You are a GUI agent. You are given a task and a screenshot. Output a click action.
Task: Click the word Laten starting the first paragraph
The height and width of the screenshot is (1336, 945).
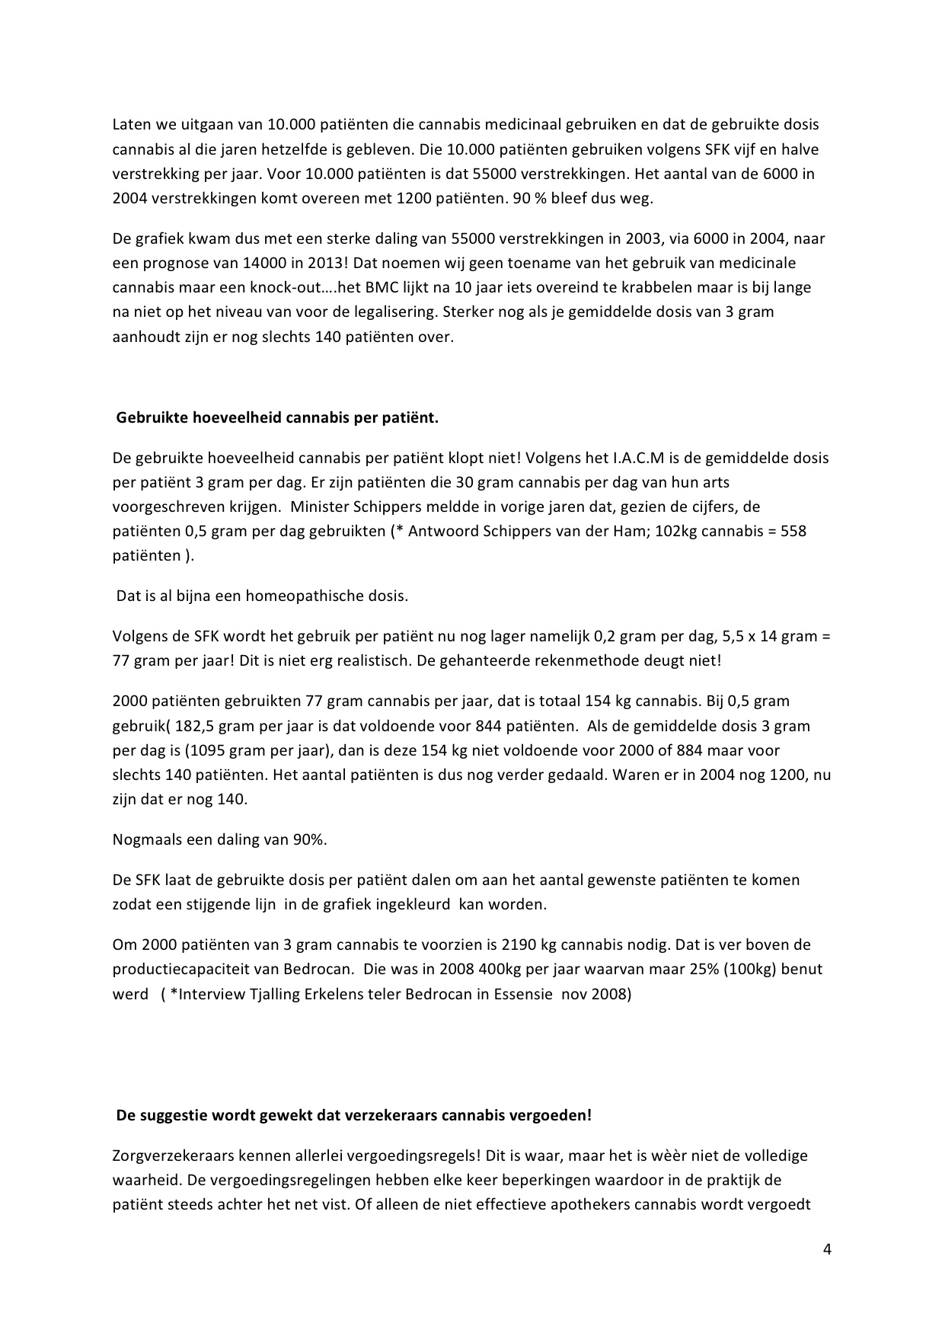click(x=130, y=124)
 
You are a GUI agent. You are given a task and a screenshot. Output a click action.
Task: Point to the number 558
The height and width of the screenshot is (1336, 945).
click(x=793, y=532)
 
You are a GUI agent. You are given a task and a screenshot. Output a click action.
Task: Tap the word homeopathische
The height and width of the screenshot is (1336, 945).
click(x=292, y=596)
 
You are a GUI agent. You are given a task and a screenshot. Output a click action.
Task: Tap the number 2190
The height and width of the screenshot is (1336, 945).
click(x=519, y=945)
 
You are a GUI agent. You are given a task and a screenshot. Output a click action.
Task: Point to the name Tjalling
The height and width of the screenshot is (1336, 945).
click(x=266, y=994)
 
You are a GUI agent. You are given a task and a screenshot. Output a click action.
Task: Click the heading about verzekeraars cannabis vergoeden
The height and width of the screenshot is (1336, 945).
click(x=353, y=1116)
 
